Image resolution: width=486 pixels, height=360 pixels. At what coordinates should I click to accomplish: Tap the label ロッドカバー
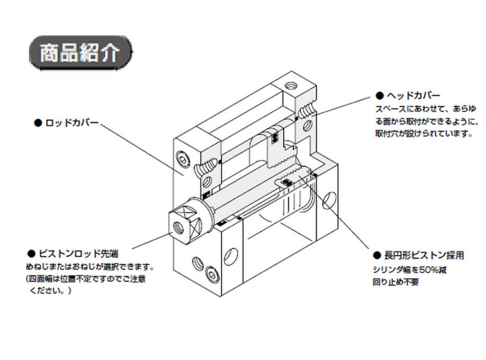click(72, 123)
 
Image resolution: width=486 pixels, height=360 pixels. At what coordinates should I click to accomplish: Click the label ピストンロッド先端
click(78, 254)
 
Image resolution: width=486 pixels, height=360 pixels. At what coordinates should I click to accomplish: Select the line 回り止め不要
click(396, 281)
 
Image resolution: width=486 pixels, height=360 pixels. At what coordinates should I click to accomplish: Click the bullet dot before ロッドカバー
click(37, 123)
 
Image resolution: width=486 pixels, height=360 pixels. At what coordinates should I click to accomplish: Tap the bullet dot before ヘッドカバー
click(379, 96)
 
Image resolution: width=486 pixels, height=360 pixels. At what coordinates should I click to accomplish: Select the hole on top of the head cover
click(290, 86)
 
